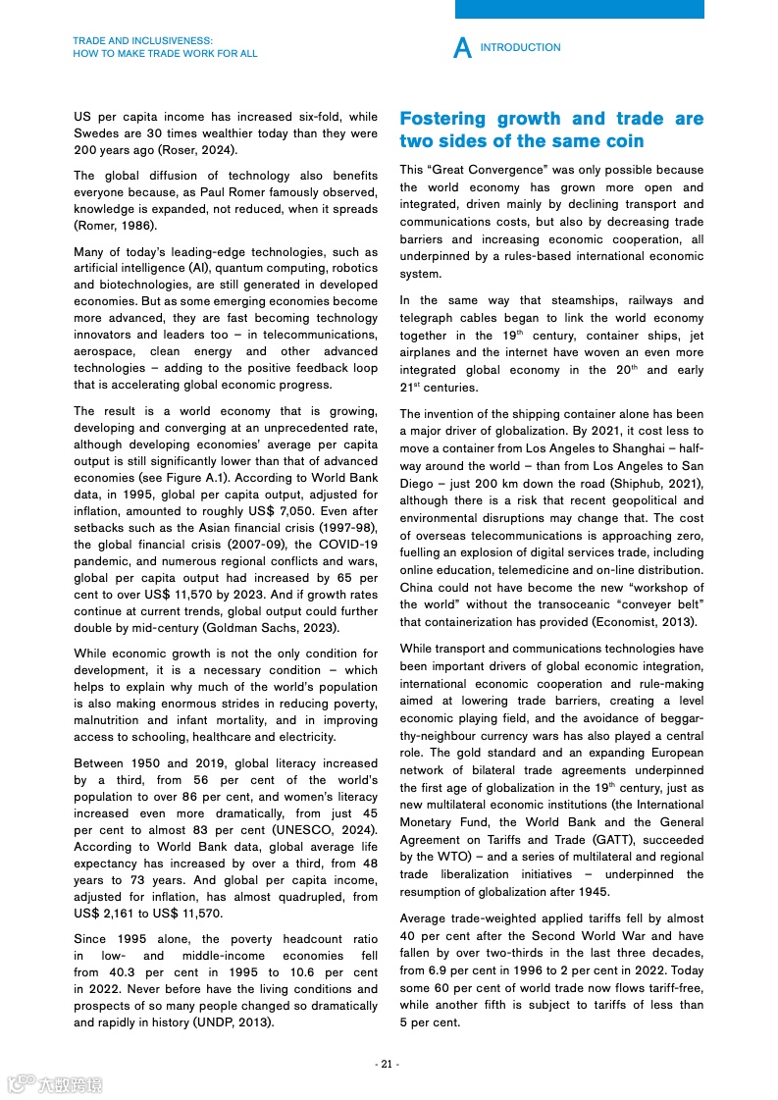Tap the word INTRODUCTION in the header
[521, 47]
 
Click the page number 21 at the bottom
[388, 1065]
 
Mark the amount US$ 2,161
[107, 914]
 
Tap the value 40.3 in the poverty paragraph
[120, 972]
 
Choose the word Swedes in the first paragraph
[97, 133]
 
